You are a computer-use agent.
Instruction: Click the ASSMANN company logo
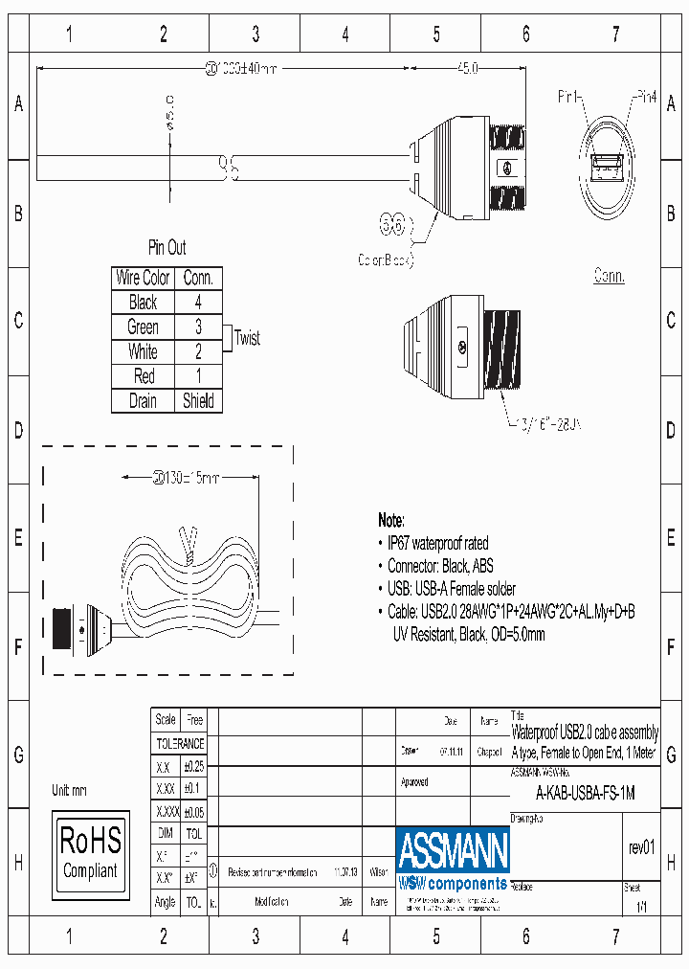click(453, 858)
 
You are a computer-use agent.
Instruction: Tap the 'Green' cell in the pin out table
click(143, 327)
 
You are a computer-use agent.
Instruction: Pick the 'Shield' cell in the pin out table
click(198, 401)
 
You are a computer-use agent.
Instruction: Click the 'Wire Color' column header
click(143, 278)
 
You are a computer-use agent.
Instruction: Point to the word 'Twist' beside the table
click(247, 339)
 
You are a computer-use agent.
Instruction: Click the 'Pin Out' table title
click(167, 248)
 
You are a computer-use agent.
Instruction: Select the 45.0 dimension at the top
click(466, 69)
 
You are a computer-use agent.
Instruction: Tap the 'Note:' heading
click(391, 520)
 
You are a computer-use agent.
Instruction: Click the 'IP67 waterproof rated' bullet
click(437, 543)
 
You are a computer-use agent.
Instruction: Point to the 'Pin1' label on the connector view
click(570, 97)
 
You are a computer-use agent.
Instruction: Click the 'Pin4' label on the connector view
click(647, 97)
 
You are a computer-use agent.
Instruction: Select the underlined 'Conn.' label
click(609, 276)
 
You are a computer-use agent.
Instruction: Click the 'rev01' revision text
click(641, 847)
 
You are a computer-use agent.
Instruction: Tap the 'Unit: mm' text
click(70, 790)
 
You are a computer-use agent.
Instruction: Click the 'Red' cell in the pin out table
click(143, 376)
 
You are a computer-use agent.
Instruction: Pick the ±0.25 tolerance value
click(193, 767)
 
